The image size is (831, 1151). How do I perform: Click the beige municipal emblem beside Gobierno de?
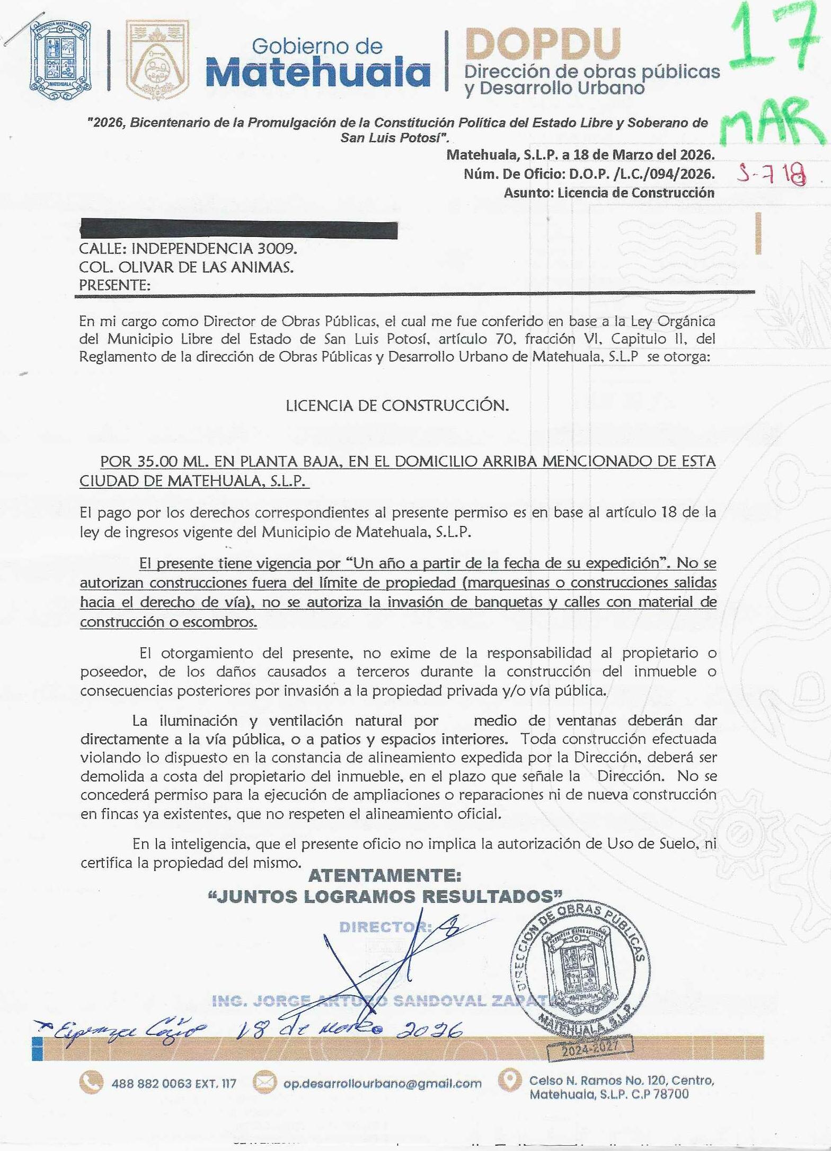tap(156, 60)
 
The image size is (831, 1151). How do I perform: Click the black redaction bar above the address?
tap(238, 230)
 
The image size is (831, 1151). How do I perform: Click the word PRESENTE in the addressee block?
tap(113, 285)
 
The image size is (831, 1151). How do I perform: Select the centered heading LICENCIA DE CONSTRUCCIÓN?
tap(397, 406)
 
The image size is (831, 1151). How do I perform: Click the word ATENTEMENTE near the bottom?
tap(384, 875)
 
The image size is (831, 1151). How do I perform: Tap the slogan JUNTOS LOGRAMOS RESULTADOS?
tap(385, 896)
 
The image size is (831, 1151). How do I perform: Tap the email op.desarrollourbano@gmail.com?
tap(382, 1084)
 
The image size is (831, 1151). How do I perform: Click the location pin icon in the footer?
tap(510, 1080)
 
